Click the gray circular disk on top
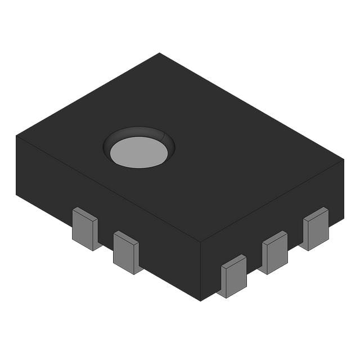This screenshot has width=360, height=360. coord(138,153)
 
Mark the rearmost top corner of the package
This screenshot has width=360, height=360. coord(160,53)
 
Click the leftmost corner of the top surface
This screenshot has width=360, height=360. coord(16,136)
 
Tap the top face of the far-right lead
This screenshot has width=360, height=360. coord(315,213)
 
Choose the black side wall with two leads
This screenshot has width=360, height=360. coord(107,208)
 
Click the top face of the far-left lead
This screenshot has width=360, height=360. coord(85,213)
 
